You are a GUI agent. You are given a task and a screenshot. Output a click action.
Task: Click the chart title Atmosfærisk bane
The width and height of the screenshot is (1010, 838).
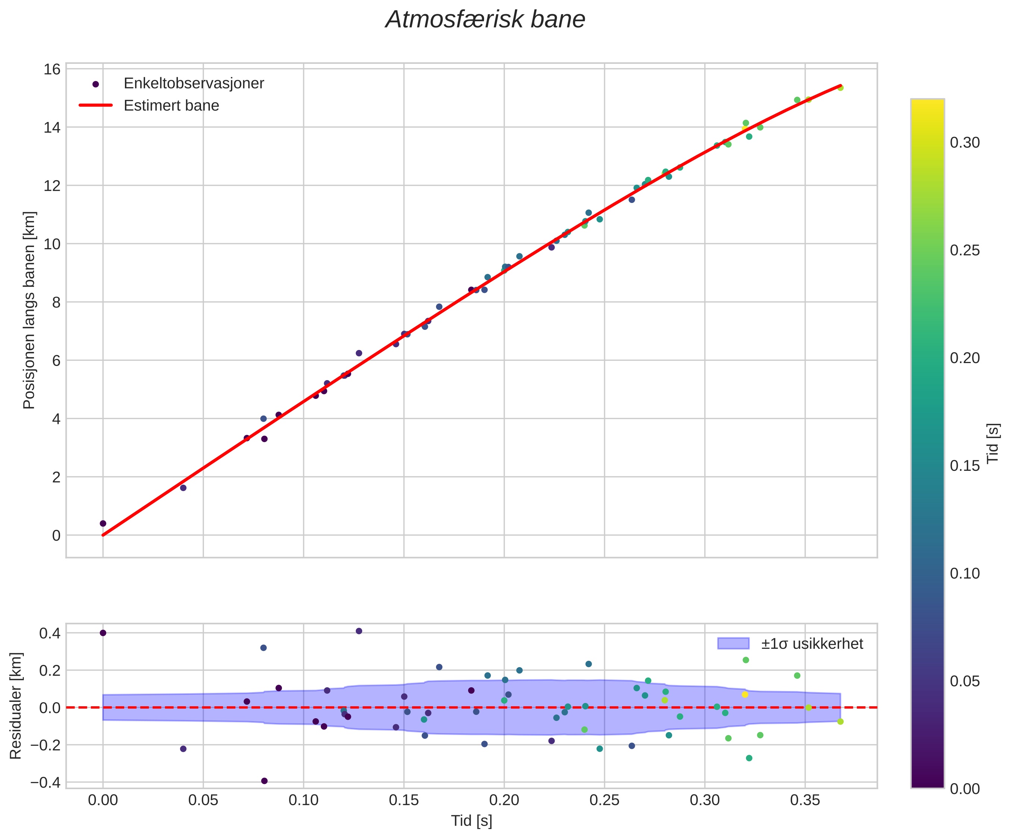[485, 20]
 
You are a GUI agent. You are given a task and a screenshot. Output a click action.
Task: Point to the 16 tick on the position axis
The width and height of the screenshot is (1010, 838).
[53, 69]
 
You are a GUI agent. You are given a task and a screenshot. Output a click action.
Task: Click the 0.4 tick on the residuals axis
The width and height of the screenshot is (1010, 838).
[50, 633]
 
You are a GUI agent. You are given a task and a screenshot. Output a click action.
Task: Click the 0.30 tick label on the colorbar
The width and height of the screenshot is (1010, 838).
[965, 143]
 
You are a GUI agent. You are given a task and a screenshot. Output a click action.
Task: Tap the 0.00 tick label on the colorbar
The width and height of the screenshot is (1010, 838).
[965, 789]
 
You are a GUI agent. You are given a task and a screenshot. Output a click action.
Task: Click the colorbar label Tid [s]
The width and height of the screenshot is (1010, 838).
[994, 443]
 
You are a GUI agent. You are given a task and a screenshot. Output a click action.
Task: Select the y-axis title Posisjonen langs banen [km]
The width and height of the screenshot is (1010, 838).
[29, 310]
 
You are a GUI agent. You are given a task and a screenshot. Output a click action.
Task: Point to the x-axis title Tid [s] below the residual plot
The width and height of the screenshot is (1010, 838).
[471, 821]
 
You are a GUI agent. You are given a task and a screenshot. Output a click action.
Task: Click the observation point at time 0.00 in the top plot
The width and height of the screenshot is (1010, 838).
[103, 523]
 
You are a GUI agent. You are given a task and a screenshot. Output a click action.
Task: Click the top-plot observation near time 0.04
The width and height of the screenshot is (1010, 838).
[183, 488]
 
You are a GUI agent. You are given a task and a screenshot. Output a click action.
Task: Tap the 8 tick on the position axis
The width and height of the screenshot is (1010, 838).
[56, 302]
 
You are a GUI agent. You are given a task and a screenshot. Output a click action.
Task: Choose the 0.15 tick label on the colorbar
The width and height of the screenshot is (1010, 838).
[965, 466]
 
